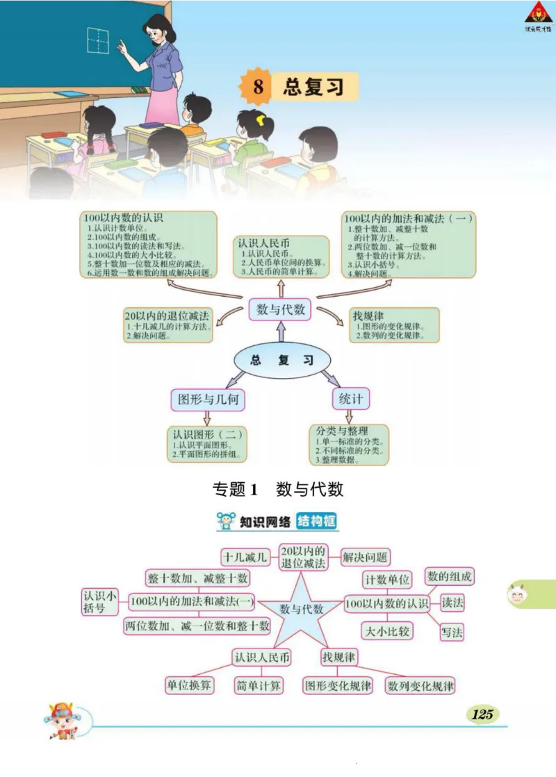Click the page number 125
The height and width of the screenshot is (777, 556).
coord(482,714)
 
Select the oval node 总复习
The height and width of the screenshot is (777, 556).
coord(281,360)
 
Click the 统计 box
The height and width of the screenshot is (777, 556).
coord(351,398)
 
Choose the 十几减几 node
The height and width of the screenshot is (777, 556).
coord(245,557)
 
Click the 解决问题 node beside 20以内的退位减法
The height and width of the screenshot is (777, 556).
coord(366,557)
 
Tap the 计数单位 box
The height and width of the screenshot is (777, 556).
coord(387,578)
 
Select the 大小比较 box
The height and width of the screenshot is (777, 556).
coord(387,630)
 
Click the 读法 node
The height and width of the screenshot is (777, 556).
coord(452,603)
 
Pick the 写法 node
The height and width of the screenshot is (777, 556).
coord(452,632)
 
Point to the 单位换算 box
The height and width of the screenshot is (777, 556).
coord(189,685)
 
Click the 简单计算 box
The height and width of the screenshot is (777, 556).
coord(259,685)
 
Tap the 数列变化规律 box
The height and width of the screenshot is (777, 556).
coord(420,685)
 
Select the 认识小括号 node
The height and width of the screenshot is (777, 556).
coord(99,602)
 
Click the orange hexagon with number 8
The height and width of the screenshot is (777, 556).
coord(258,88)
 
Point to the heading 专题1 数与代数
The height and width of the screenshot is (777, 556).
coord(278,489)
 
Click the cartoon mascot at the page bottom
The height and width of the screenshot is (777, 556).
coord(60,720)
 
